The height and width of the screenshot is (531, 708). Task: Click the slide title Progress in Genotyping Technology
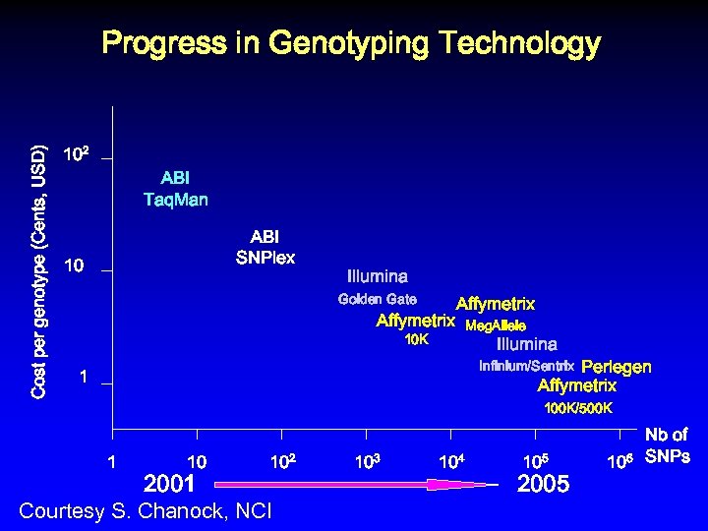tap(351, 44)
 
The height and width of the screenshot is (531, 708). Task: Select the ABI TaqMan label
tap(175, 189)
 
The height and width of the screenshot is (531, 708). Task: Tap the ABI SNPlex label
tap(265, 247)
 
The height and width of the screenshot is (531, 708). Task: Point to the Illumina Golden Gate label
tap(378, 286)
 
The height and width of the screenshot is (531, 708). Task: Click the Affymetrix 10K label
tap(416, 329)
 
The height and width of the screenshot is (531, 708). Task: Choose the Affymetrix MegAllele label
tap(496, 315)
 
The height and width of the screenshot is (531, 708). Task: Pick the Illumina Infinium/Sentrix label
tap(526, 355)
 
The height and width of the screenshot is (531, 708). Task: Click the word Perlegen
tap(617, 367)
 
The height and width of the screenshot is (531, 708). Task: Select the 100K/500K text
tap(578, 407)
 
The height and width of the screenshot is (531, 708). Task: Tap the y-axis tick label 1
tap(85, 378)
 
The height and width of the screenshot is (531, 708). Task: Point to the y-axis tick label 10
tap(73, 266)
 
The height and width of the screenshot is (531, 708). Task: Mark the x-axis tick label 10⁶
tap(619, 460)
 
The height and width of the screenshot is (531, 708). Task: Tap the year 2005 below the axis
tap(543, 484)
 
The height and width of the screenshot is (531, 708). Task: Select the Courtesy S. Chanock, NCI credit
tap(147, 511)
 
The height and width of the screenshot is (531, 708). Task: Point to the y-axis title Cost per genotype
tap(38, 271)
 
